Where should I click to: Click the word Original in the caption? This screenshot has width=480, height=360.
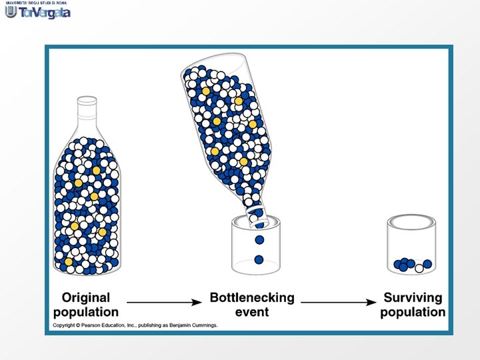pyautogui.click(x=85, y=298)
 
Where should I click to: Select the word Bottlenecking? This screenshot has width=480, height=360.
pyautogui.click(x=251, y=298)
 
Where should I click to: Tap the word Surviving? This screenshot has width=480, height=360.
pyautogui.click(x=413, y=298)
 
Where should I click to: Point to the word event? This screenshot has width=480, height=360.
pyautogui.click(x=252, y=312)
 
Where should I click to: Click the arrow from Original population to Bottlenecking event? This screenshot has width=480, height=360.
pyautogui.click(x=163, y=303)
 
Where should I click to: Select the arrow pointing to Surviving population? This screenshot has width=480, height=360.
pyautogui.click(x=339, y=303)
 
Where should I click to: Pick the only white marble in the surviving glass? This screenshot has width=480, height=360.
pyautogui.click(x=419, y=268)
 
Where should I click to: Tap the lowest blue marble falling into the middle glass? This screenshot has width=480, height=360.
pyautogui.click(x=259, y=259)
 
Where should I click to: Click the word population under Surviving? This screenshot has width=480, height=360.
pyautogui.click(x=413, y=312)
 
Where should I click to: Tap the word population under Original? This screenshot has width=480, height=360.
pyautogui.click(x=85, y=312)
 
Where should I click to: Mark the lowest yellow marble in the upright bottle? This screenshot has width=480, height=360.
pyautogui.click(x=68, y=261)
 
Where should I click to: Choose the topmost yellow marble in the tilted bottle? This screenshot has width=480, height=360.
pyautogui.click(x=206, y=91)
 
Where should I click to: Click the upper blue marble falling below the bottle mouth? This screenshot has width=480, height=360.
pyautogui.click(x=259, y=239)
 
